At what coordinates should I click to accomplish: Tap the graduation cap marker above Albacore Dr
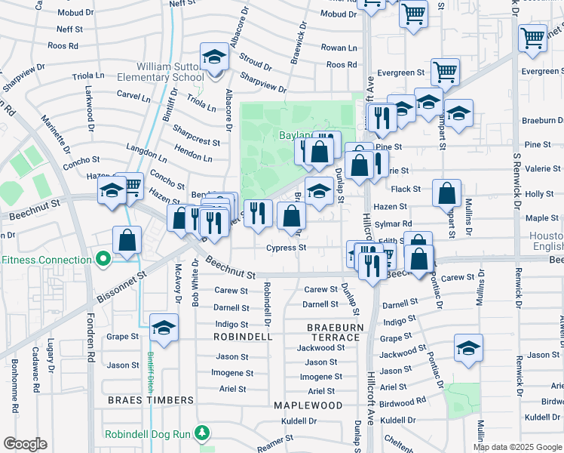tap(214, 57)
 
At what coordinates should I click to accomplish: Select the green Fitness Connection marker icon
tap(103, 260)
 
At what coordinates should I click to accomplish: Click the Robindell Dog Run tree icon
tap(201, 433)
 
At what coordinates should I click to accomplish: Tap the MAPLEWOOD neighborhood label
tap(308, 405)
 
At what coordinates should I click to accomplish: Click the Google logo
tap(25, 444)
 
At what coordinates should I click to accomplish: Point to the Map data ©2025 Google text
tap(516, 447)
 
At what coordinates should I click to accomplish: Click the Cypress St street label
tap(286, 247)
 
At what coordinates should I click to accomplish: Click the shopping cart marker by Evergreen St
tap(446, 72)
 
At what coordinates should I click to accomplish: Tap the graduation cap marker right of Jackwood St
tap(468, 348)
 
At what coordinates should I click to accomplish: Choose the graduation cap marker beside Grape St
tap(164, 328)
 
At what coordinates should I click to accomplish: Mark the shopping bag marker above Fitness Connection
tap(127, 239)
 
